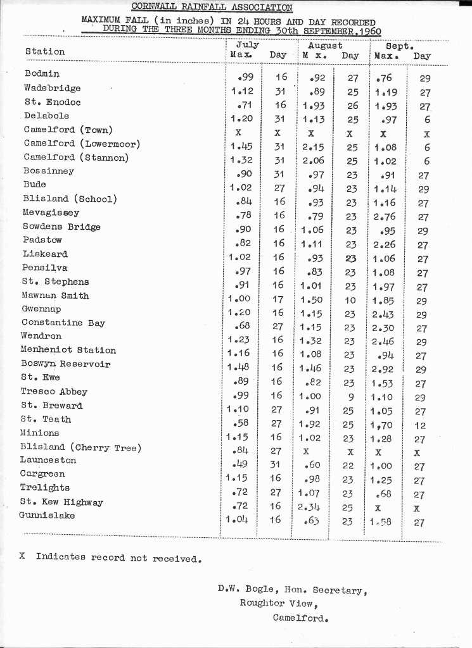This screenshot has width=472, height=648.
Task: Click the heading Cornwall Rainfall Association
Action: tap(212, 8)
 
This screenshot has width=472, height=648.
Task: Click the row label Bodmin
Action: tap(42, 74)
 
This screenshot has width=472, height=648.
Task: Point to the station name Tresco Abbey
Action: tap(54, 392)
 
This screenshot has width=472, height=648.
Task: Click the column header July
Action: tap(247, 45)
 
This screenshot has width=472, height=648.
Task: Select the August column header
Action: tap(325, 46)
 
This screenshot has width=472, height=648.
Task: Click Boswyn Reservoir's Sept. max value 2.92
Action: tap(383, 369)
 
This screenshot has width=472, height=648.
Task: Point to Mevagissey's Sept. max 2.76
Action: tap(384, 217)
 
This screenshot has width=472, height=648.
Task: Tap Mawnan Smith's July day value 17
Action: tap(278, 300)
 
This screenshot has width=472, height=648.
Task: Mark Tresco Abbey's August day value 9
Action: tap(350, 397)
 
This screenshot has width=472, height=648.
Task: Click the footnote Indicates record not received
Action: tap(118, 558)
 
